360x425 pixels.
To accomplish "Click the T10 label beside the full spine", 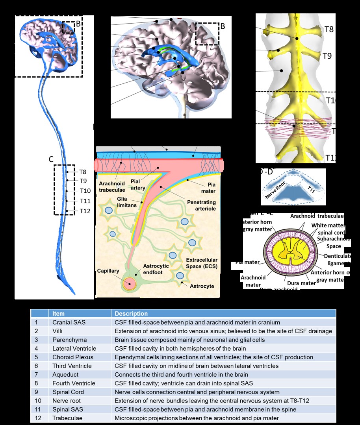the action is [85, 191].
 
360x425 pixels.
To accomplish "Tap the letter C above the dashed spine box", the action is [51, 159].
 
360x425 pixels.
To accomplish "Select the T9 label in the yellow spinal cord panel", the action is [327, 56].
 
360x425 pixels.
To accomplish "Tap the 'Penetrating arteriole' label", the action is [201, 205].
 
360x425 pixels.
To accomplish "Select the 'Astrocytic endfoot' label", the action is [156, 269].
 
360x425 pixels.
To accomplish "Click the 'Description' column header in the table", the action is [131, 314].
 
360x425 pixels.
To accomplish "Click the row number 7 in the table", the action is [36, 375].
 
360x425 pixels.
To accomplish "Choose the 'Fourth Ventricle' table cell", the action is [74, 383].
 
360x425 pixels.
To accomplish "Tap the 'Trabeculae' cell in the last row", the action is [67, 418].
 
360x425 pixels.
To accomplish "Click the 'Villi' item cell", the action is [58, 331].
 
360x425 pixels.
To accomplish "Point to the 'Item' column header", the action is [58, 314].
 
